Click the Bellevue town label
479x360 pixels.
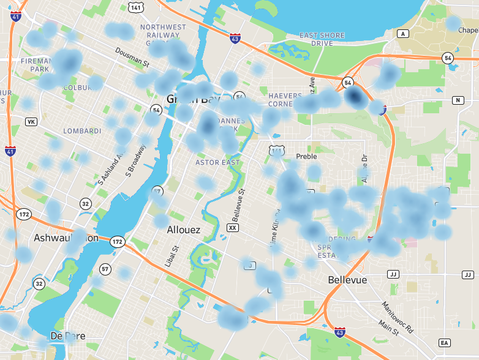click(347, 280)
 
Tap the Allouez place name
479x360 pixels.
click(184, 230)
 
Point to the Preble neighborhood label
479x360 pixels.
click(306, 156)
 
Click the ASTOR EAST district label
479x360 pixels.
click(216, 163)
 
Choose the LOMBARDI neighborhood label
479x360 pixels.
click(83, 131)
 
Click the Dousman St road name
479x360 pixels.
click(132, 58)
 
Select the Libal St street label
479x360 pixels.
click(175, 257)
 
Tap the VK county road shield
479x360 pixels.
click(31, 122)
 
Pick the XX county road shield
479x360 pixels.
click(232, 227)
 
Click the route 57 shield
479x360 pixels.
click(105, 269)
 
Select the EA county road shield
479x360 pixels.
click(444, 342)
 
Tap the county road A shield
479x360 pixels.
click(402, 33)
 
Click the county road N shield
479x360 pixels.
click(458, 100)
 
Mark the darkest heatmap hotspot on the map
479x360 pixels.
click(354, 96)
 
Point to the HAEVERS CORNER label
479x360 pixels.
click(285, 100)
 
